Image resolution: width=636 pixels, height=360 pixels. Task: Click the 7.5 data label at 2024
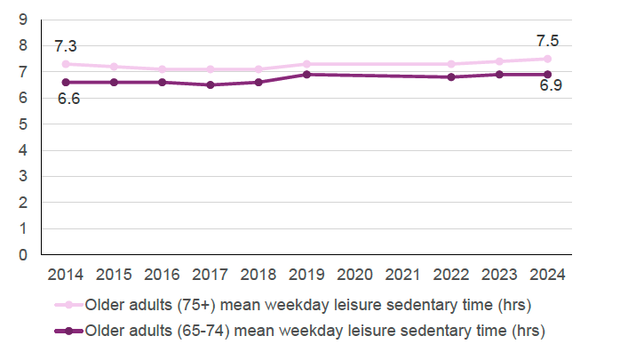[547, 41]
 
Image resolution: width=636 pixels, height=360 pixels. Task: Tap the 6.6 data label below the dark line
[68, 99]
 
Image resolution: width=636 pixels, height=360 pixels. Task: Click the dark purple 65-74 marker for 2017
[211, 85]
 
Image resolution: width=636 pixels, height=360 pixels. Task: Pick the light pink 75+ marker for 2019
[306, 64]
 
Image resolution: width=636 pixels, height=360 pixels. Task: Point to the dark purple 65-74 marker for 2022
[451, 77]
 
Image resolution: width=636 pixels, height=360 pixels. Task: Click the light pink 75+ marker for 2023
[499, 61]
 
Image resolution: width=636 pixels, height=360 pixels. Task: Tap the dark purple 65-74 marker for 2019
[306, 75]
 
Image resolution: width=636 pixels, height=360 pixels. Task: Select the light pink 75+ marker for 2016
[163, 69]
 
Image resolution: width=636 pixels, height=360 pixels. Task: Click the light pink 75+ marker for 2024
[547, 59]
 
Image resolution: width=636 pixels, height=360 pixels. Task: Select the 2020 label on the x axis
[354, 275]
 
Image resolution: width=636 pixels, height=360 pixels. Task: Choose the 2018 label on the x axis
[258, 275]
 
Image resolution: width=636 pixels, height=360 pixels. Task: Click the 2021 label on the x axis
[402, 275]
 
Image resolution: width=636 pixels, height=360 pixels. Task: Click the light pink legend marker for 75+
[68, 306]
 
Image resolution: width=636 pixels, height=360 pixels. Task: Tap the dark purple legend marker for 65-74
[68, 332]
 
